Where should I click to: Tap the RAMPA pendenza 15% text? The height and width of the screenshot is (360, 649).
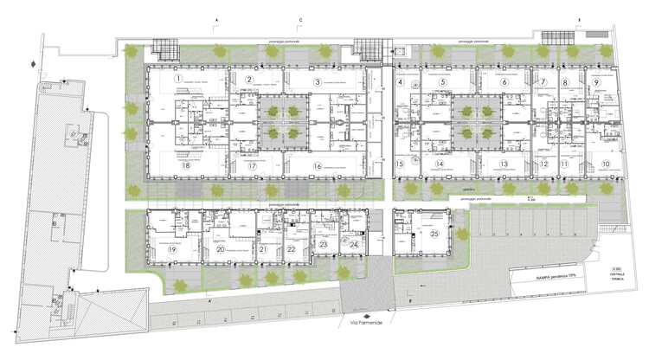[538, 279]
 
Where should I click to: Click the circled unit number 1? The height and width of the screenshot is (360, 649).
[177, 79]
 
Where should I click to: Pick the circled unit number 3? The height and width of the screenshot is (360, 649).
[318, 82]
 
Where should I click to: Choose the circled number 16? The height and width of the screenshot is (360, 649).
[318, 165]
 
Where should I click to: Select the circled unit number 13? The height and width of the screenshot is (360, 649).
[504, 164]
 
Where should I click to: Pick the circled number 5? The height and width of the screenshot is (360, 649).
[442, 82]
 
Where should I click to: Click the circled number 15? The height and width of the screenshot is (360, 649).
[401, 164]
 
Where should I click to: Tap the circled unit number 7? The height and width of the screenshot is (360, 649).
[543, 83]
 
